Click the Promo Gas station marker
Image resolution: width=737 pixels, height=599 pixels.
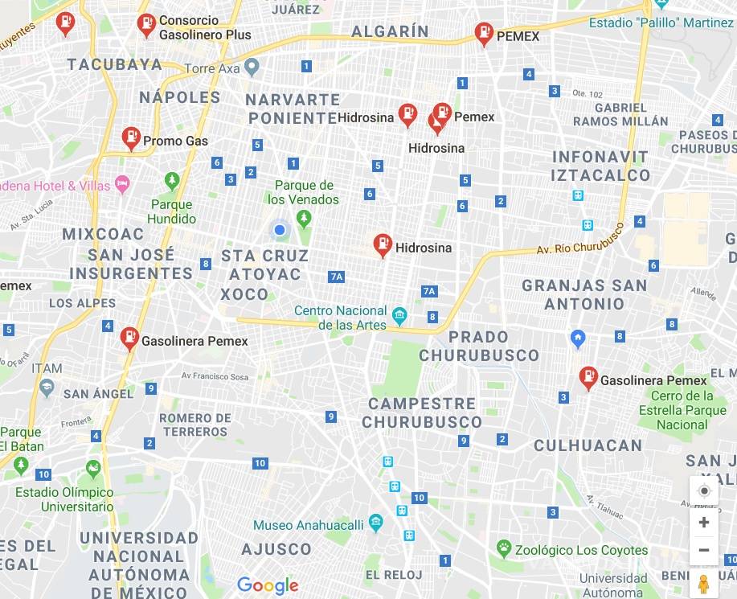coord(131,138)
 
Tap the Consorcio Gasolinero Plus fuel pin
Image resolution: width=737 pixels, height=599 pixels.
coord(146,25)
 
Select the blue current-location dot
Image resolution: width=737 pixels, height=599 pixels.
coord(280,231)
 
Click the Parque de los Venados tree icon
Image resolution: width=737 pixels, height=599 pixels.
coord(303,218)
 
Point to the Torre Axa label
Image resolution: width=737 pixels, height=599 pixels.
coord(212,69)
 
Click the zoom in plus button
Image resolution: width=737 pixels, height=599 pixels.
coord(704,523)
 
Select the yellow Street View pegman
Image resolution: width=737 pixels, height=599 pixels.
coord(704,584)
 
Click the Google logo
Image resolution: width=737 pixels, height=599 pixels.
coord(268,585)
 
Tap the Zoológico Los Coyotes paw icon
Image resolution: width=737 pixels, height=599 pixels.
coord(504,550)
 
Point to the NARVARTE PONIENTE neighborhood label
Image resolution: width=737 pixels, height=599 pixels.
coord(293,109)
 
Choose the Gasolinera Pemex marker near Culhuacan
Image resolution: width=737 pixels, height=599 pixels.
coord(588,378)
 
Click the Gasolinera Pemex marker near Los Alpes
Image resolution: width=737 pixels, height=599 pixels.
coord(129,338)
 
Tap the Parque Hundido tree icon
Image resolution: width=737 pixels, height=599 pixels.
coord(171,179)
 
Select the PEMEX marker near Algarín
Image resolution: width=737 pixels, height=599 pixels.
coord(484,34)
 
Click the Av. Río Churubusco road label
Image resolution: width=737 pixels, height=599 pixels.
coord(579,239)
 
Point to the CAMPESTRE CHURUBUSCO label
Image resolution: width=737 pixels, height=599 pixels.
coord(422,412)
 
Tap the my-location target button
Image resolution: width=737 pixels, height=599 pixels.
coord(704,491)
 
